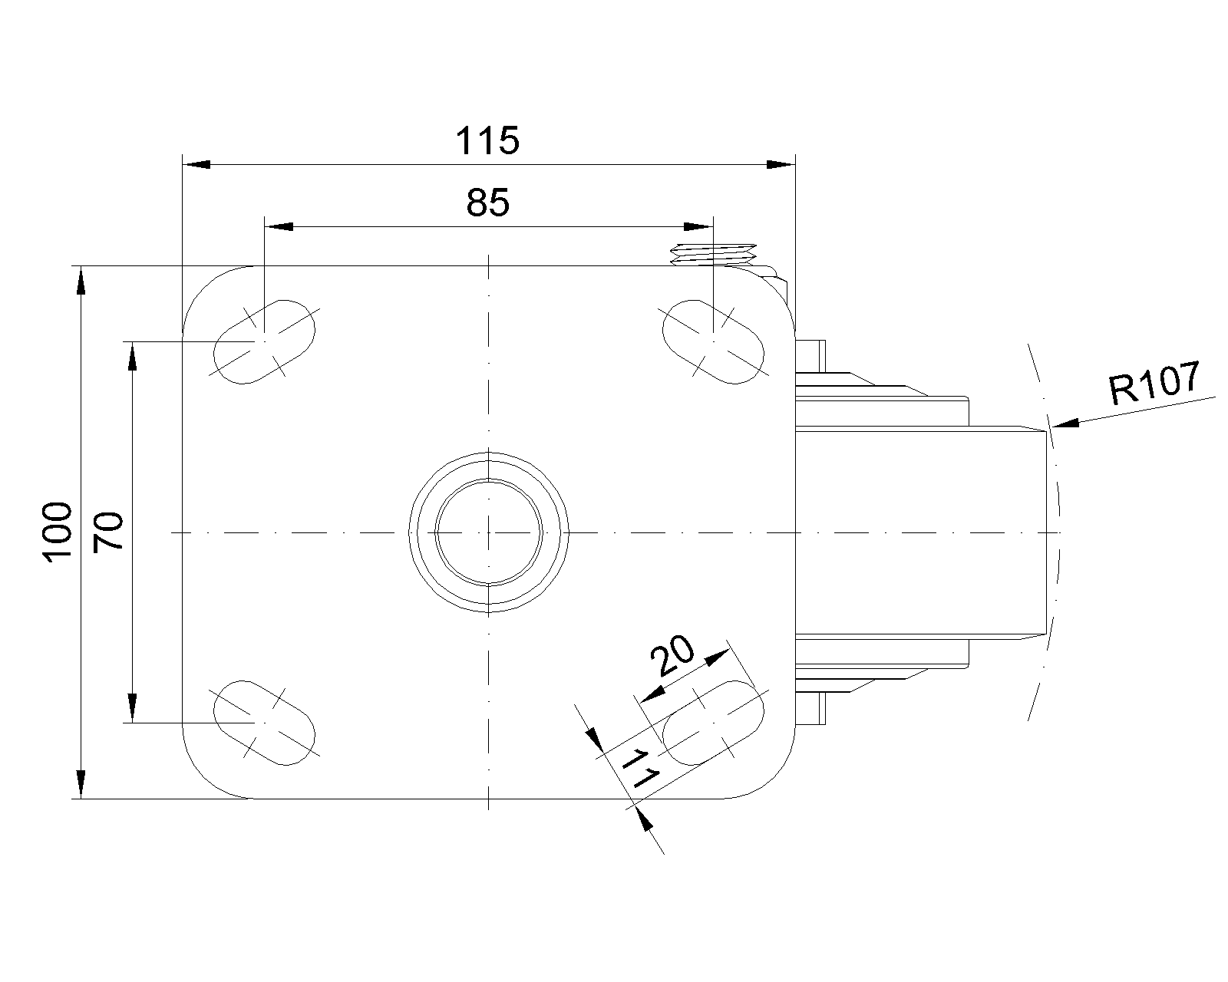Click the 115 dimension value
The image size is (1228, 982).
pyautogui.click(x=487, y=140)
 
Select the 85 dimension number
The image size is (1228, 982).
pyautogui.click(x=487, y=203)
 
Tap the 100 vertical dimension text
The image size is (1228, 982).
pyautogui.click(x=58, y=532)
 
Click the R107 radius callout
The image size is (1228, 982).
pyautogui.click(x=1154, y=381)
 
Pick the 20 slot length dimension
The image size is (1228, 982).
pyautogui.click(x=672, y=655)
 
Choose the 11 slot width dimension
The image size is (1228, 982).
pyautogui.click(x=639, y=769)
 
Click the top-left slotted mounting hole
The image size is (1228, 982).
pyautogui.click(x=264, y=342)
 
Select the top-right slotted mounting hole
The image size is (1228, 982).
pyautogui.click(x=713, y=342)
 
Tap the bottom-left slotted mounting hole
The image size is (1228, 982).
pyautogui.click(x=264, y=723)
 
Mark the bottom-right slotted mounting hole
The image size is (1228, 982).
pyautogui.click(x=713, y=723)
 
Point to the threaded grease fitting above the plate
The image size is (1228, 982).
pyautogui.click(x=714, y=254)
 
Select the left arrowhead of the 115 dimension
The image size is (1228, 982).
pyautogui.click(x=196, y=165)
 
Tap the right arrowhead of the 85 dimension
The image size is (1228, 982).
pyautogui.click(x=699, y=227)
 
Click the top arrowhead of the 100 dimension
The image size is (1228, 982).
pyautogui.click(x=81, y=280)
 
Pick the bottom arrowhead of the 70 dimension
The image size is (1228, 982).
pyautogui.click(x=132, y=709)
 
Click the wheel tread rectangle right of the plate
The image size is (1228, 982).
pyautogui.click(x=921, y=532)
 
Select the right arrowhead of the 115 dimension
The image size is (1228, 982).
pyautogui.click(x=781, y=165)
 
